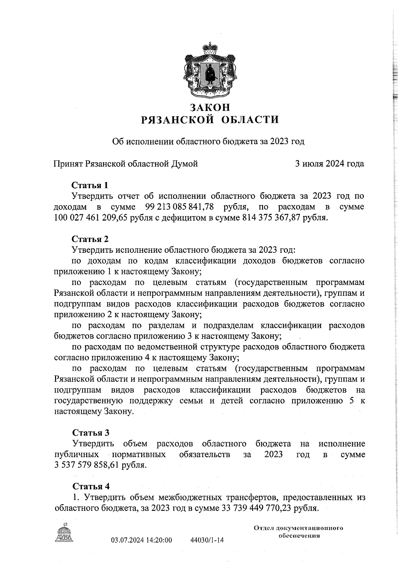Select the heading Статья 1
[90, 185]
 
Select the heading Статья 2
[90, 239]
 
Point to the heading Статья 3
[91, 432]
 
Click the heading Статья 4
[91, 486]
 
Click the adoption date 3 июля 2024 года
[330, 164]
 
